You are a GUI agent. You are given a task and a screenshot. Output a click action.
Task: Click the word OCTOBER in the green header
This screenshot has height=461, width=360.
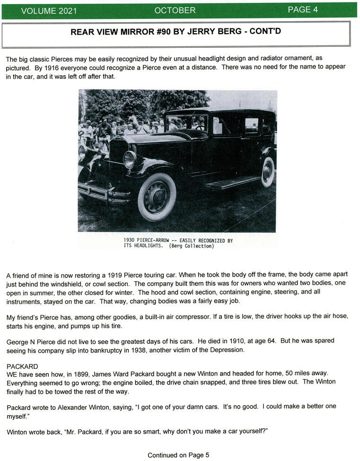click(x=175, y=10)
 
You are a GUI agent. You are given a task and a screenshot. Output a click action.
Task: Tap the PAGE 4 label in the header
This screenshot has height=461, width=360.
click(x=303, y=9)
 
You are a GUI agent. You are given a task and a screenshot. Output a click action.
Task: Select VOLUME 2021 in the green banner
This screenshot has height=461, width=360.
click(x=49, y=10)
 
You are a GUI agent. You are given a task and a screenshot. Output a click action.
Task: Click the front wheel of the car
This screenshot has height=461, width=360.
click(x=157, y=197)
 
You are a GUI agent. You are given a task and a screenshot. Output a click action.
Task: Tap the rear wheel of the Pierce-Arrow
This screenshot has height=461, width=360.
click(x=268, y=172)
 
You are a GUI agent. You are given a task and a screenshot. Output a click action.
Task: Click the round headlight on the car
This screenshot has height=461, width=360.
click(x=130, y=159)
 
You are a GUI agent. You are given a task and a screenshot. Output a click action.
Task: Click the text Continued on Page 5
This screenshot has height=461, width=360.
click(x=178, y=455)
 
